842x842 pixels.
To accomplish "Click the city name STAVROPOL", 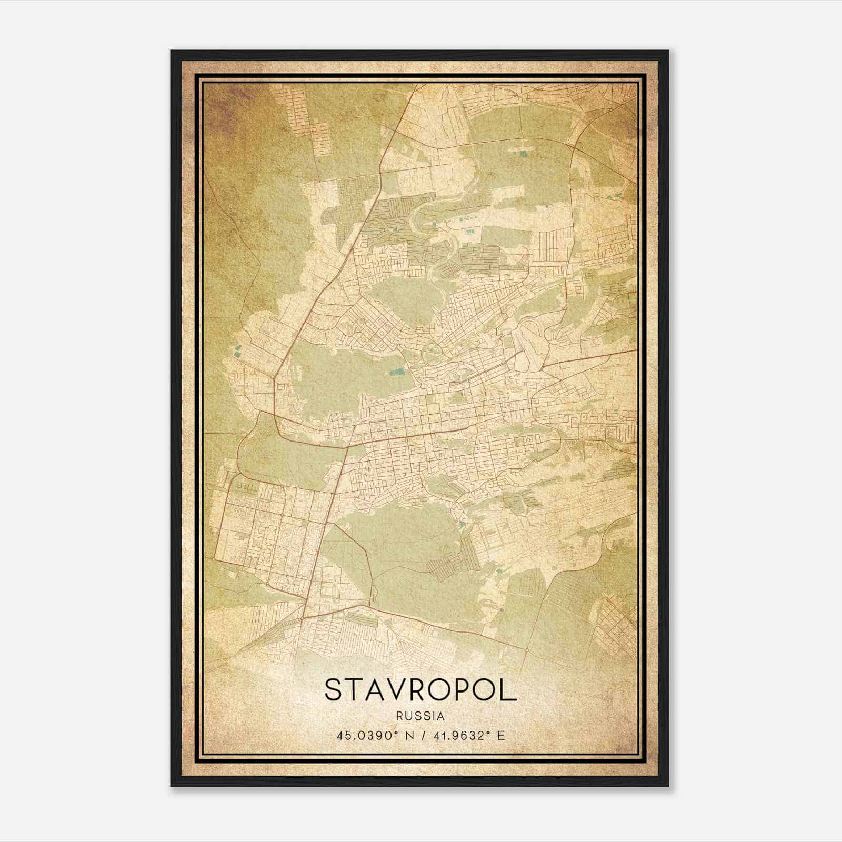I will [x=420, y=689].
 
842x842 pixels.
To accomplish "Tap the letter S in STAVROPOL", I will [x=334, y=689].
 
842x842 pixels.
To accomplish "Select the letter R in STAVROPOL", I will [x=422, y=689].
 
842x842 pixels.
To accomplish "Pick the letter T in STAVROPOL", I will [x=355, y=689].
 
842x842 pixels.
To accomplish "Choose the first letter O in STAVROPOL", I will [x=444, y=689].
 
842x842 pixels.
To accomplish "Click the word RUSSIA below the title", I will [x=420, y=716].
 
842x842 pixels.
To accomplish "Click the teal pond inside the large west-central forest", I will [x=395, y=373].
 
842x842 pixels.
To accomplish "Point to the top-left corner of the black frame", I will [x=172, y=51].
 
